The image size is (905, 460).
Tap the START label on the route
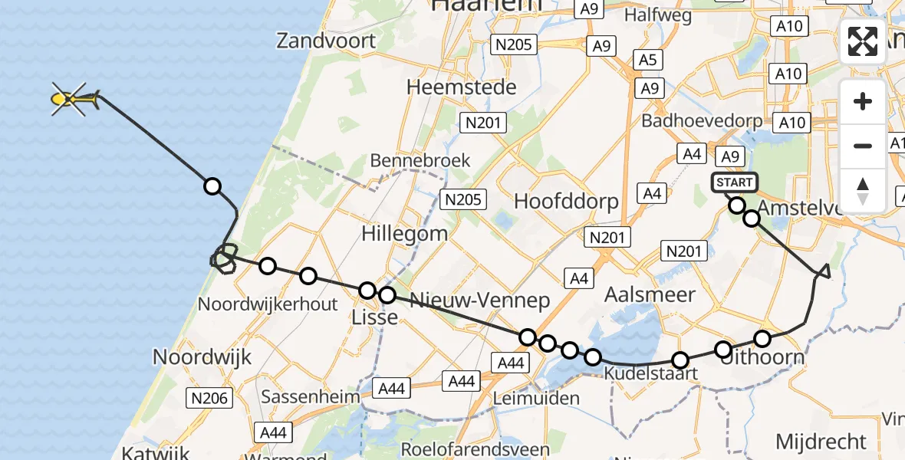(735, 182)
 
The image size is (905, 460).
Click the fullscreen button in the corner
(863, 41)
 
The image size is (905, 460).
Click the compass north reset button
(863, 189)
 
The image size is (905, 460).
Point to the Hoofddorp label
(568, 202)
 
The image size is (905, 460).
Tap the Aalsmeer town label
(650, 294)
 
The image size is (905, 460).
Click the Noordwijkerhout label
(268, 304)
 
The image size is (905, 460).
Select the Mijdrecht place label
(821, 442)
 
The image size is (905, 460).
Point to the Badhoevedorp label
(702, 120)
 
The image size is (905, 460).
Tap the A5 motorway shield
(648, 59)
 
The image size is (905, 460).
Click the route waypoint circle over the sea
(212, 186)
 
